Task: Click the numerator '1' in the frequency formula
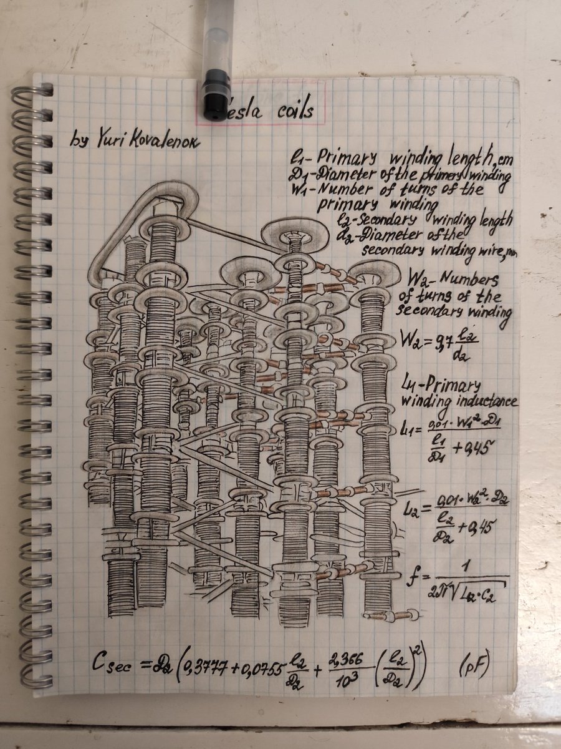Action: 466,566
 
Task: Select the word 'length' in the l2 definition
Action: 494,220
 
